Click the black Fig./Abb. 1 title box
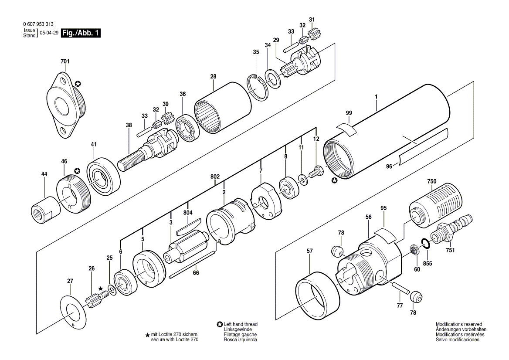click(81, 33)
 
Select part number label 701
click(65, 61)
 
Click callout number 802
click(215, 177)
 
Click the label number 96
click(389, 166)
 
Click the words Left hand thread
click(241, 324)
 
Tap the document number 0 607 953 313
click(38, 24)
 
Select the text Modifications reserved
click(459, 324)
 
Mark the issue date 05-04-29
click(49, 33)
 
